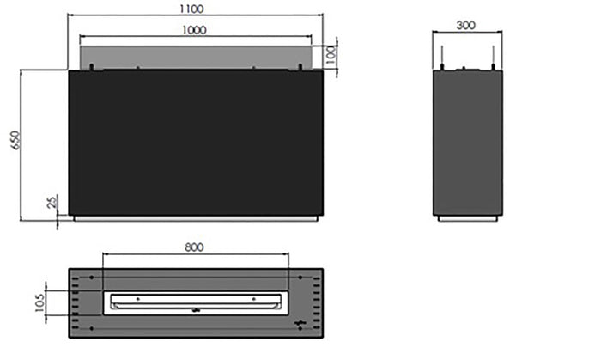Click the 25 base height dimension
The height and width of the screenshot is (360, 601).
point(52,202)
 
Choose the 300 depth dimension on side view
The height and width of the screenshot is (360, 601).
point(466,26)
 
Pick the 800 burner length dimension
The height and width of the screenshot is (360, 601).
point(194,247)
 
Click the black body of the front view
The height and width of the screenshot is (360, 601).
point(196,142)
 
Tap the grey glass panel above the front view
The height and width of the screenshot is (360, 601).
point(193,56)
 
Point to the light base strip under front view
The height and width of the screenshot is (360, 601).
point(196,218)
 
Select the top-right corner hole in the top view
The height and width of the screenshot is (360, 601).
point(299,277)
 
